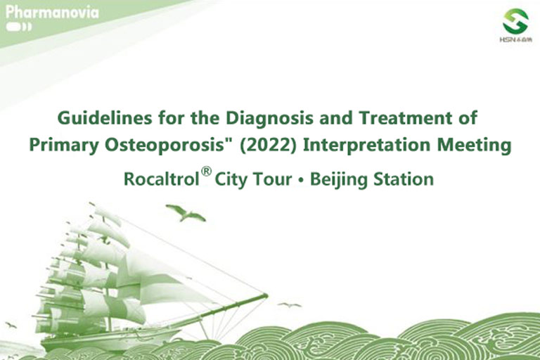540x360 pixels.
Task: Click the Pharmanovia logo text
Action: coord(52,13)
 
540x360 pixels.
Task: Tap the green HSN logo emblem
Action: coord(515,21)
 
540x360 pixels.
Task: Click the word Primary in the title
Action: coord(64,146)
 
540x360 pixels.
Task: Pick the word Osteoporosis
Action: coord(165,146)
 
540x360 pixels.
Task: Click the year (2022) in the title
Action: coord(268,145)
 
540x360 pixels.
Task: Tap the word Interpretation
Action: coord(366,146)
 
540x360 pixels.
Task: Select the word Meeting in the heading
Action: coord(474,146)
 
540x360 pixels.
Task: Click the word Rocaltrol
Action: coord(162,179)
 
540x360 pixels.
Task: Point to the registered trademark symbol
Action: coord(206,172)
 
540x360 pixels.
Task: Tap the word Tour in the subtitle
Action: coord(272,179)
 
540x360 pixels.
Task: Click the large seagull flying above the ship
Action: coord(186,213)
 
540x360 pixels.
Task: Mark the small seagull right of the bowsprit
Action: coord(290,305)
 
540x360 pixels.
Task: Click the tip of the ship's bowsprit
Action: coord(267,295)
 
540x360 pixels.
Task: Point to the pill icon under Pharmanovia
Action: coord(18,27)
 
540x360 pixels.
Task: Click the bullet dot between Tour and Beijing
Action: coord(301,180)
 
